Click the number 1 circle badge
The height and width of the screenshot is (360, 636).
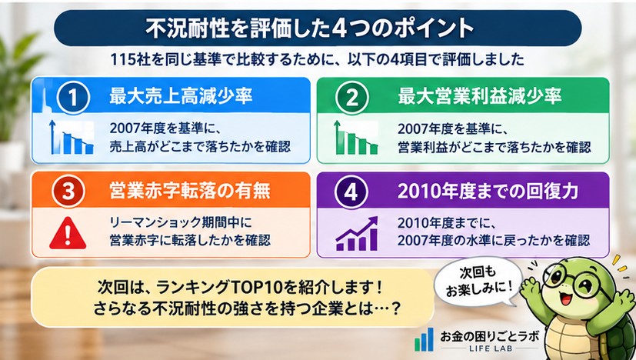click(x=72, y=98)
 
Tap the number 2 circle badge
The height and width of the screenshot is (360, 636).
click(x=351, y=98)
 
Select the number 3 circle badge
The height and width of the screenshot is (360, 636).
click(x=68, y=192)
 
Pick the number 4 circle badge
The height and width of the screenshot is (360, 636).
click(x=351, y=192)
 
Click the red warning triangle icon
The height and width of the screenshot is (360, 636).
click(x=68, y=233)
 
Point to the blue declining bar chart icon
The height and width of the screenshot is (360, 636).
click(x=72, y=137)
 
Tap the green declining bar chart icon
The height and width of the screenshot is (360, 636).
click(x=355, y=137)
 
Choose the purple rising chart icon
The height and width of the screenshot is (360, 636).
click(x=357, y=233)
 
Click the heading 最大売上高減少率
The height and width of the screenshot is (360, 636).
click(x=181, y=97)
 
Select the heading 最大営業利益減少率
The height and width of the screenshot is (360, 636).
click(x=479, y=97)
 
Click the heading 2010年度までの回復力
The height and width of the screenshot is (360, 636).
click(x=488, y=192)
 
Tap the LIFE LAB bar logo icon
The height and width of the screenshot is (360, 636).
click(x=425, y=340)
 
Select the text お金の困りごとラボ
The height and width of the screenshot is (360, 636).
click(x=490, y=335)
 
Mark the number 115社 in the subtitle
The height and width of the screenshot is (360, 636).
click(x=125, y=60)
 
